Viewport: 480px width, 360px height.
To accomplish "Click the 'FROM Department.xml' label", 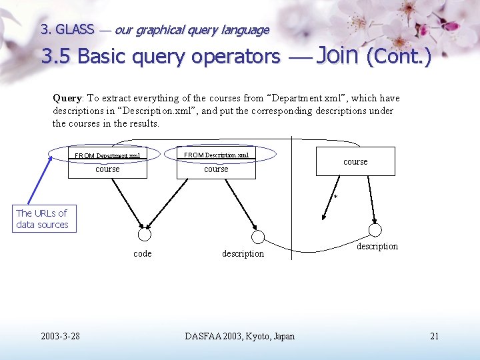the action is [x=107, y=156].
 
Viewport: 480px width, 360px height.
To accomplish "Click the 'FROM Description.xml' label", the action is [x=216, y=155].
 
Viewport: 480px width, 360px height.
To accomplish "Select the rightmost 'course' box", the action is [x=355, y=161].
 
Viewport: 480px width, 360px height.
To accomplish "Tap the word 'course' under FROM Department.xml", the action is [x=107, y=169].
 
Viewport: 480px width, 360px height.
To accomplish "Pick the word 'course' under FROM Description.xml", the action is [x=216, y=169].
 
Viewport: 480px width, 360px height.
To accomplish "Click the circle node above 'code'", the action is [x=144, y=235].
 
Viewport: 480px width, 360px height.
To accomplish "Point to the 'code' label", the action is [x=143, y=253].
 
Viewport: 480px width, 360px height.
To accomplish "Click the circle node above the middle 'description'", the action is [x=258, y=237].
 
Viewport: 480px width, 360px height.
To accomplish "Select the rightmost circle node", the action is [x=375, y=230].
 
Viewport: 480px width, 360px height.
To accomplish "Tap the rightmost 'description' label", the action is [x=377, y=247].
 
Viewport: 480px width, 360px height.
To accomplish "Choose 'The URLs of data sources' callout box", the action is [x=42, y=219].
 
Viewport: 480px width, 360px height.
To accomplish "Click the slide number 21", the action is [x=435, y=336].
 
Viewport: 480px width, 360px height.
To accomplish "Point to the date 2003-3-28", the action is [x=60, y=336].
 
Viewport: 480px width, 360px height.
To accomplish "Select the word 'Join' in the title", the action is [x=338, y=55].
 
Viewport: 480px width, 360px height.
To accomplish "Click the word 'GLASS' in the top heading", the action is [x=75, y=29].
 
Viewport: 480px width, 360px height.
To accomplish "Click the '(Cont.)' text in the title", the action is [x=399, y=57].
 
